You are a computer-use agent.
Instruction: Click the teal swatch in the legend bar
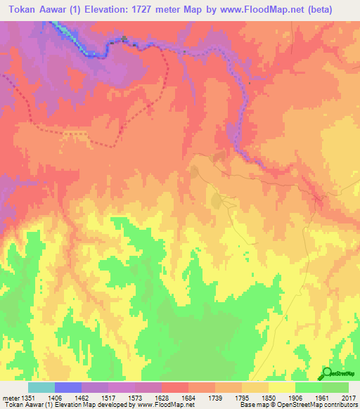click(x=41, y=387)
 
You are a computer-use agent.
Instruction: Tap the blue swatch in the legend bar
click(x=67, y=387)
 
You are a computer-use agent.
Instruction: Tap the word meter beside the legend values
click(x=9, y=397)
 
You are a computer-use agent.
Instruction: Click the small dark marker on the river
click(x=124, y=39)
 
